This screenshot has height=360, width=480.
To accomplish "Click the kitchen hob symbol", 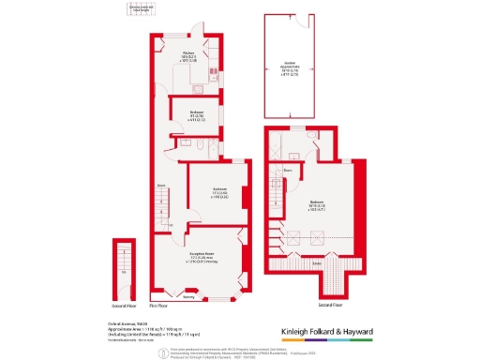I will tap(214, 71).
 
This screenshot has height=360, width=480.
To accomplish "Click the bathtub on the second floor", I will tap(277, 146).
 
